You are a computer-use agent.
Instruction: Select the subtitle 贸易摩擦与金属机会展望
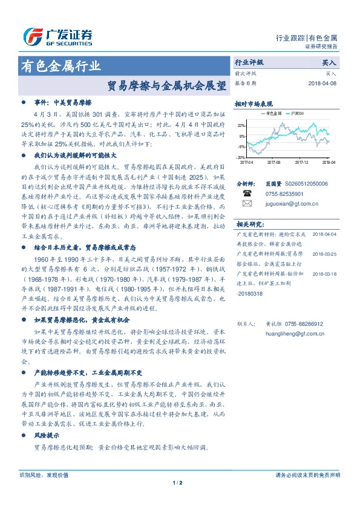click(166, 85)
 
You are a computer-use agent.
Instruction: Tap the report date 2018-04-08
click(324, 84)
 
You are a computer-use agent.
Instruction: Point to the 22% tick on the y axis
click(241, 126)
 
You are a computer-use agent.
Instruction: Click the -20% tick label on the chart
click(241, 157)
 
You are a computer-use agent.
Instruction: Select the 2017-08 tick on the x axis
click(273, 162)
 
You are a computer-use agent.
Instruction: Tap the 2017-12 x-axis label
click(301, 162)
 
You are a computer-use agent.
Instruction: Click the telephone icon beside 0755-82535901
click(247, 193)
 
